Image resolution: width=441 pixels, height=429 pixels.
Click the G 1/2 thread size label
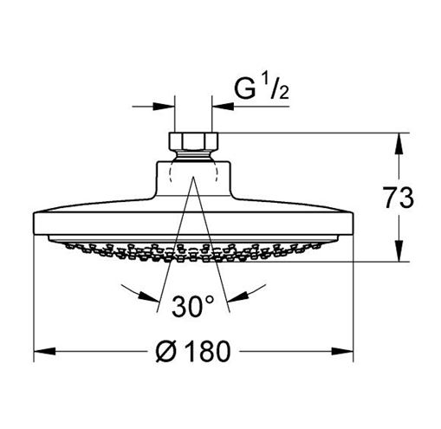(x=262, y=88)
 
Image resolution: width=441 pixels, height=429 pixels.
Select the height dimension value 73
(x=399, y=198)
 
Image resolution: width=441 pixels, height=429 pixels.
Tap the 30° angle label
(x=193, y=306)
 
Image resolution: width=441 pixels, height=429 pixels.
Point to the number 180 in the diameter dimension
(x=209, y=351)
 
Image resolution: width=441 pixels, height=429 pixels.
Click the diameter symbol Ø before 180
(x=166, y=351)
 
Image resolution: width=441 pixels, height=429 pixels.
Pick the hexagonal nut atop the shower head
(x=193, y=141)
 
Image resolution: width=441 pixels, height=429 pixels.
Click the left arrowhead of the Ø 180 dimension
(x=44, y=351)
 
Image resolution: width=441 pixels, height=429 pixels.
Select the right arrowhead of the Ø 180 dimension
(x=342, y=351)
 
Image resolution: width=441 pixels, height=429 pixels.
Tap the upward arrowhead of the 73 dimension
(x=399, y=144)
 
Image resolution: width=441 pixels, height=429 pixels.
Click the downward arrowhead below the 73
(x=399, y=250)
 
